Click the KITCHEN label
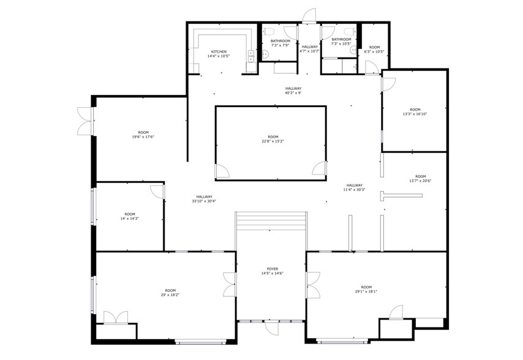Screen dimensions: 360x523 pyautogui.click(x=219, y=51)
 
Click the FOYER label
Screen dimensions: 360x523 pyautogui.click(x=272, y=269)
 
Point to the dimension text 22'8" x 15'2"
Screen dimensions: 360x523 pyautogui.click(x=273, y=141)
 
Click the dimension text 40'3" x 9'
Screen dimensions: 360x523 pyautogui.click(x=293, y=93)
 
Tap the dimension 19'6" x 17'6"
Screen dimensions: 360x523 pyautogui.click(x=143, y=137)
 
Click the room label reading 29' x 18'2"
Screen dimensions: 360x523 pyautogui.click(x=170, y=295)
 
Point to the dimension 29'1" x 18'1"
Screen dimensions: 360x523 pyautogui.click(x=366, y=291)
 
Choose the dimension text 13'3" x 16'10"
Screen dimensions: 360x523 pyautogui.click(x=415, y=114)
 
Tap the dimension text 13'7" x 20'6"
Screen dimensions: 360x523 pyautogui.click(x=420, y=181)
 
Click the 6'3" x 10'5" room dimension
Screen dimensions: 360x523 pyautogui.click(x=374, y=51)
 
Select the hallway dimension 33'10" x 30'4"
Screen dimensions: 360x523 pyautogui.click(x=204, y=201)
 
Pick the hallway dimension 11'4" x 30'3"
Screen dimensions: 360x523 pyautogui.click(x=354, y=190)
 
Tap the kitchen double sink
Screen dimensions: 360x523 pyautogui.click(x=251, y=56)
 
